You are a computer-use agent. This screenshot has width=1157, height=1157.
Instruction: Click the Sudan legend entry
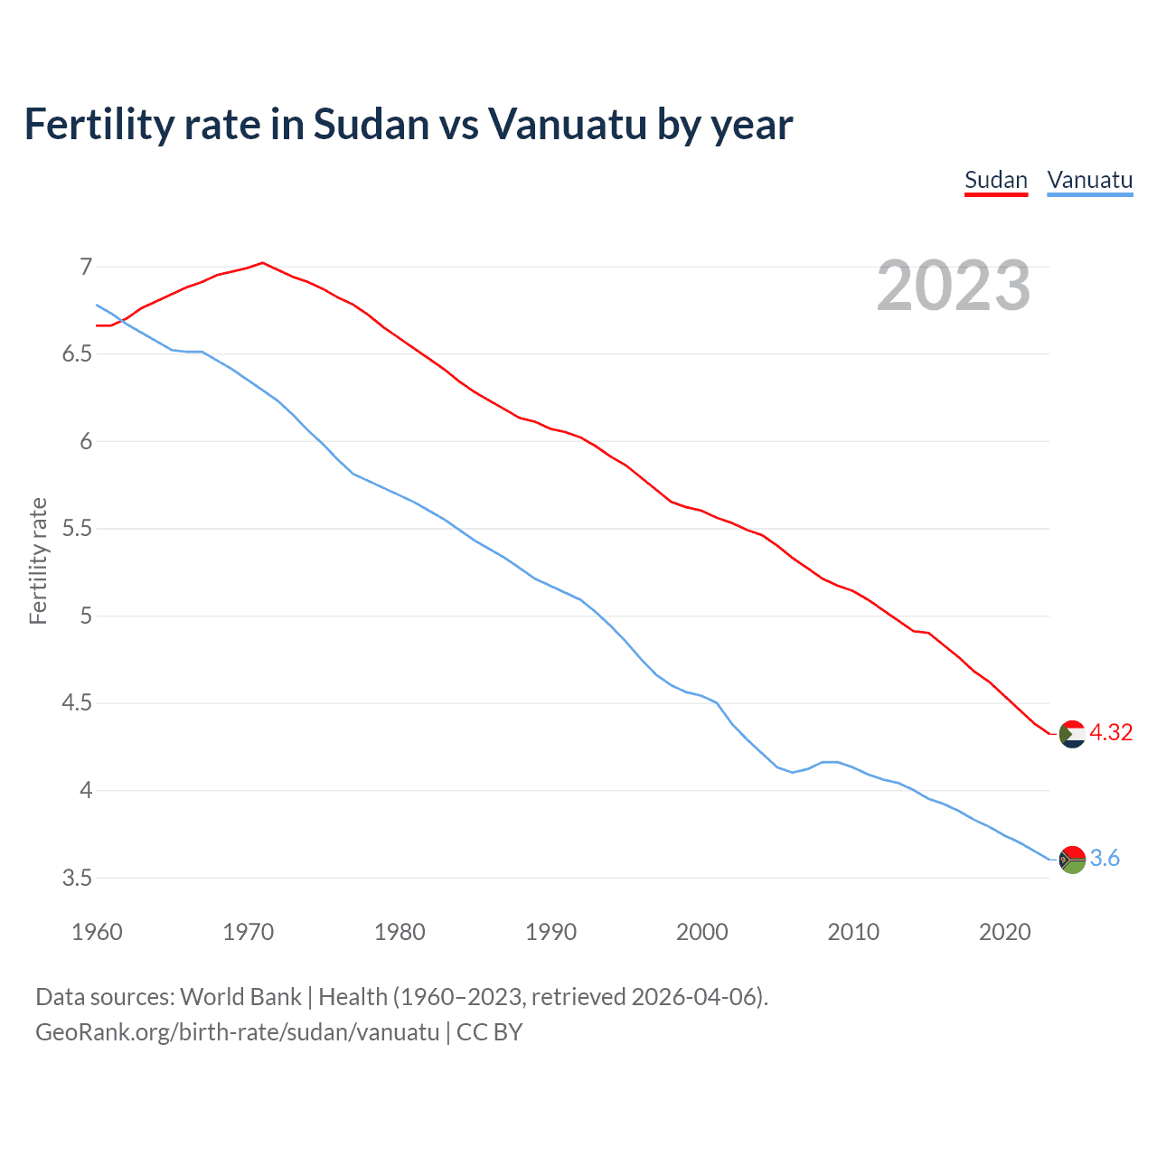996,180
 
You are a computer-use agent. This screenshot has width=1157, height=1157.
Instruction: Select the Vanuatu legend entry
1089,180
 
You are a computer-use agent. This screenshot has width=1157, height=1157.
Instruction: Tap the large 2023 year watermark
954,286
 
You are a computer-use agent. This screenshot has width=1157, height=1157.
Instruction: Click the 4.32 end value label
1111,732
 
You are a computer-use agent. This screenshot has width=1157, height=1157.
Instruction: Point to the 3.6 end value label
1105,858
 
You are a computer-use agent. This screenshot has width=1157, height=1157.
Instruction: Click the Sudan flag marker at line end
1072,734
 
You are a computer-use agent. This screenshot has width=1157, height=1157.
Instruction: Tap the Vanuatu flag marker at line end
1072,859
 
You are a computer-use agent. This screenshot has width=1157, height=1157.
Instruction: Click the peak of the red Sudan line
262,263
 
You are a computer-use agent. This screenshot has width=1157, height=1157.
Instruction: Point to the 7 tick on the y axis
86,267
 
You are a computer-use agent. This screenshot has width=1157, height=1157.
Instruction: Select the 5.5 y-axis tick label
78,528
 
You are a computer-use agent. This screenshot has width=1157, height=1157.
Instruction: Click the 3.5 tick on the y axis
78,878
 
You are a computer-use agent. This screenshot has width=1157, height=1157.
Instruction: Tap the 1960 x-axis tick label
97,932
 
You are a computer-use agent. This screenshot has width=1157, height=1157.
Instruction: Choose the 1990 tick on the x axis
550,932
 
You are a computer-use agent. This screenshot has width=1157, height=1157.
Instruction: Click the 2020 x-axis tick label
1004,932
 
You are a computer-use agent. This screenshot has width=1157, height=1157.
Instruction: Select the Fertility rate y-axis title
38,560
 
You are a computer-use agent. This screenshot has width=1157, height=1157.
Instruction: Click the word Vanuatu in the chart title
568,124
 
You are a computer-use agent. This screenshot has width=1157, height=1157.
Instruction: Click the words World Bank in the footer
240,996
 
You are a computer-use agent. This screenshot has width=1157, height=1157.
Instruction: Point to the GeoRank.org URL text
237,1031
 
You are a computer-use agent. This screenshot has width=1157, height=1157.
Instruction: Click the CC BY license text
489,1031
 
